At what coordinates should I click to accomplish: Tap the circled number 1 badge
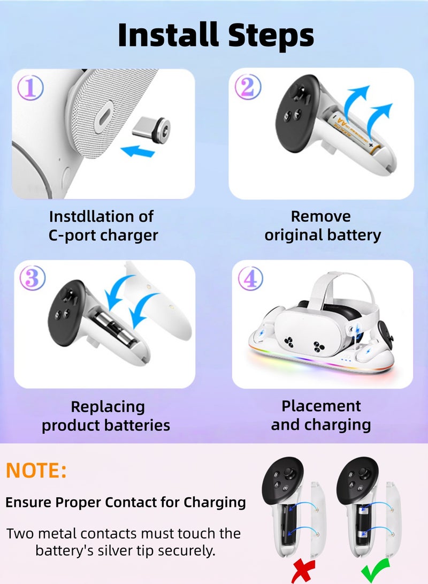click(x=30, y=88)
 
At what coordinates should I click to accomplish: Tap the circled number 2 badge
click(x=248, y=87)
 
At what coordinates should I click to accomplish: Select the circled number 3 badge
click(x=33, y=278)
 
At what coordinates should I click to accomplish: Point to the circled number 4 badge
click(x=250, y=278)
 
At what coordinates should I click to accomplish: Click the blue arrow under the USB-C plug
click(x=137, y=151)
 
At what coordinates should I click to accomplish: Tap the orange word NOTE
click(x=36, y=471)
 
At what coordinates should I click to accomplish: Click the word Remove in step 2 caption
click(x=321, y=216)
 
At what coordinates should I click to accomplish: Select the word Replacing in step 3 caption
click(x=108, y=407)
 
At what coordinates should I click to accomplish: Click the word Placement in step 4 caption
click(x=321, y=406)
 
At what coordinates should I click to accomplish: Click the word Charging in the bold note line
click(x=215, y=503)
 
